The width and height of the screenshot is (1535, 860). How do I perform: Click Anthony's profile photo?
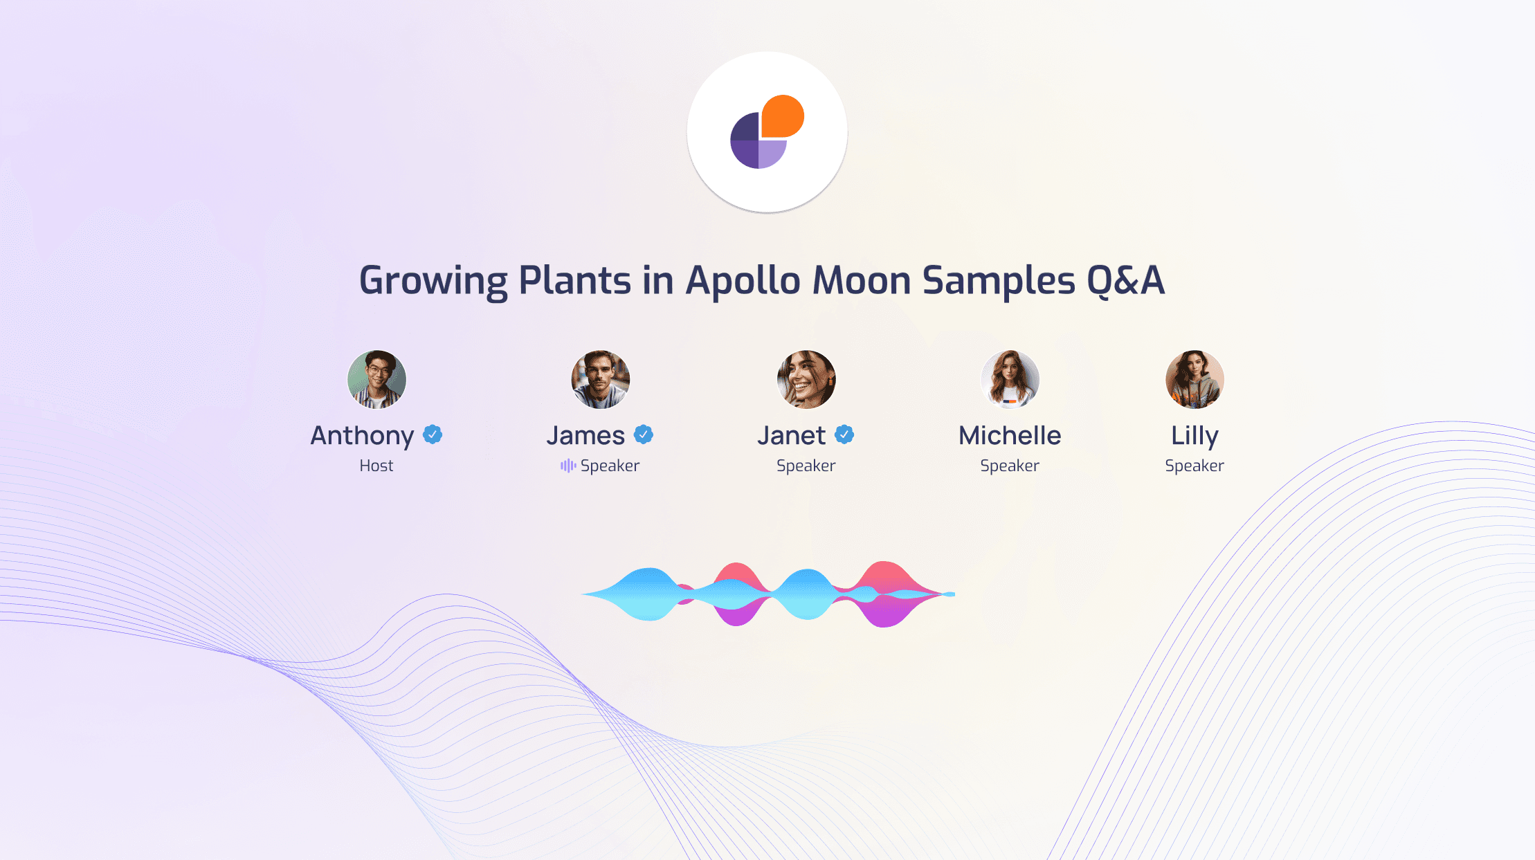[x=376, y=379]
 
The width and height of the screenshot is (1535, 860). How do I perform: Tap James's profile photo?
[x=601, y=379]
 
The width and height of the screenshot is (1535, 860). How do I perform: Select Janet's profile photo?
[x=806, y=379]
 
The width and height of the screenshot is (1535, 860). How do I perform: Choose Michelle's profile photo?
[x=1010, y=379]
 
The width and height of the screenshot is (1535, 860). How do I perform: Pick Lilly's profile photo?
[x=1195, y=379]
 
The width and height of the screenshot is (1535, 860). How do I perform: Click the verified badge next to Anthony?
[x=433, y=434]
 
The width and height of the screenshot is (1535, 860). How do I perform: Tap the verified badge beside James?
[x=644, y=434]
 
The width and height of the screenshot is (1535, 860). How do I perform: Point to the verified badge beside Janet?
[x=844, y=434]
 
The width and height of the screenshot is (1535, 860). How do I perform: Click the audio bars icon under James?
[x=568, y=466]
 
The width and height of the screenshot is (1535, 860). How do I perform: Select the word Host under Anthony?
[x=376, y=466]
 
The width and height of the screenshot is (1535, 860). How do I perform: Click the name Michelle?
[x=1010, y=435]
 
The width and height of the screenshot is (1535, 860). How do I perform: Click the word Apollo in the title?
[x=743, y=280]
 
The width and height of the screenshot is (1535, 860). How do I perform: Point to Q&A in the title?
[x=1126, y=280]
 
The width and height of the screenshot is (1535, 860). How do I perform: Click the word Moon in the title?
[x=862, y=280]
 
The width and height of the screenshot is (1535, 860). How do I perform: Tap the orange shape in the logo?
[x=783, y=116]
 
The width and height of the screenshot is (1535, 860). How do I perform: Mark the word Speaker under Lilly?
[x=1195, y=466]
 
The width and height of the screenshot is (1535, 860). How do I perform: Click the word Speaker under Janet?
[x=806, y=466]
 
